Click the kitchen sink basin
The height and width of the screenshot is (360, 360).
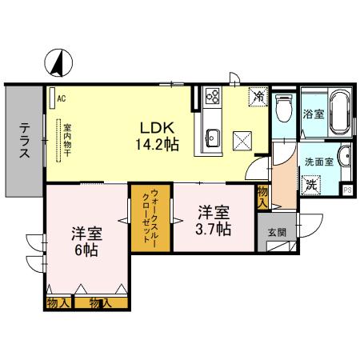(x=212, y=136)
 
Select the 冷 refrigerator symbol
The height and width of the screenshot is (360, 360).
(x=258, y=96)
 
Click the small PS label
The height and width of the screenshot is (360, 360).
(x=348, y=190)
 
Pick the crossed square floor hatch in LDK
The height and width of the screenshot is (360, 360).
(x=242, y=140)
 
